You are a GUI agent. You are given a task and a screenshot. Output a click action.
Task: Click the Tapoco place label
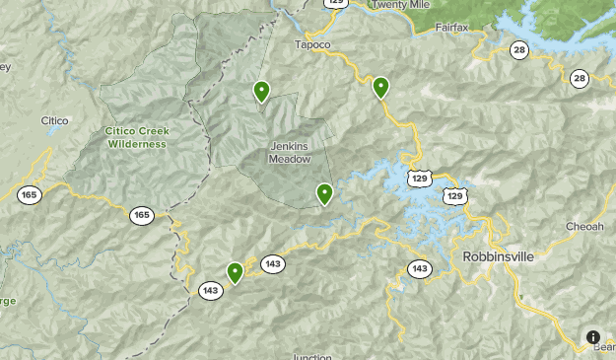[x=312, y=45]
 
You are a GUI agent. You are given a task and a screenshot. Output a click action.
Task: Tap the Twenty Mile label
[x=401, y=5]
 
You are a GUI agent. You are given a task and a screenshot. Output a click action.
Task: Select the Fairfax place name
[x=457, y=28]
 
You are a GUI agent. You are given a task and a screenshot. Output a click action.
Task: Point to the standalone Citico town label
[x=54, y=120]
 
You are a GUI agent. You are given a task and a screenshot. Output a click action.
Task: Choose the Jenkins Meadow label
[x=289, y=152]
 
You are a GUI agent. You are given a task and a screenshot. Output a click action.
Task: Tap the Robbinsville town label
[x=498, y=255]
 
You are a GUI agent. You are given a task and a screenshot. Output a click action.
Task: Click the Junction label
[x=311, y=357]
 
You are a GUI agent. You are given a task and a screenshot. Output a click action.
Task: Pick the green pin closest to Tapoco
[x=380, y=88]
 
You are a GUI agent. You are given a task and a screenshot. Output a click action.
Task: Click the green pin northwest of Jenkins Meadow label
[x=261, y=92]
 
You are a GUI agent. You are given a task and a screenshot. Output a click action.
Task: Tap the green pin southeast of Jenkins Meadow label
[x=324, y=193]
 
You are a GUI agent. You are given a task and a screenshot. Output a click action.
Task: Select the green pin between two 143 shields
[x=235, y=272]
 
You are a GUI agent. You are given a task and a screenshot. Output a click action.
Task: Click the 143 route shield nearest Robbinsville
[x=420, y=268]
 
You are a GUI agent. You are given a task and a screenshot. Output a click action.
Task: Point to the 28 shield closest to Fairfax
[x=519, y=49]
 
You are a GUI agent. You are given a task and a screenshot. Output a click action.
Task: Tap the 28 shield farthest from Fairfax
[x=579, y=78]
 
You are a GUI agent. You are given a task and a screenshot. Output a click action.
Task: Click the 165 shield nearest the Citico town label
[x=30, y=195]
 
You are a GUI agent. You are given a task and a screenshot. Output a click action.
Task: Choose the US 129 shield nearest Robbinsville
[x=453, y=196]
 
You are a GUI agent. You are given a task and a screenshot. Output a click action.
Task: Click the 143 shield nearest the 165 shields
[x=209, y=290]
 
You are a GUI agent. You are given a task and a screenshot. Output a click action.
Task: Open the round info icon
[x=593, y=336]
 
